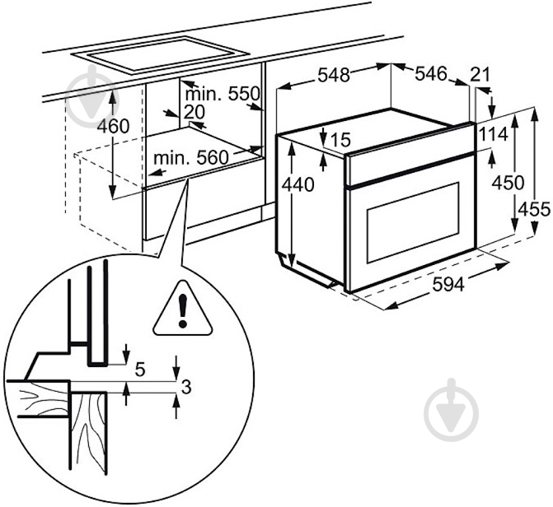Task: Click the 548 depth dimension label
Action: [333, 75]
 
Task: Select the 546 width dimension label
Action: [431, 73]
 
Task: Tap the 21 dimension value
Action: [480, 74]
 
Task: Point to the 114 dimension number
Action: [494, 134]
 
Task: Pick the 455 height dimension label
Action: [534, 210]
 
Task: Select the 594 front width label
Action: [448, 284]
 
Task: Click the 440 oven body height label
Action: [298, 184]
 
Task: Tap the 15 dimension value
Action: [340, 140]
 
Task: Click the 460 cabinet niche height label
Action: [114, 126]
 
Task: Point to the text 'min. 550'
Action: [223, 94]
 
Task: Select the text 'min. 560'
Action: [191, 157]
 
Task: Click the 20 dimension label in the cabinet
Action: [194, 113]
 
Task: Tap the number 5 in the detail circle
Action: [140, 370]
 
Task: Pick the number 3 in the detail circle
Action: [186, 387]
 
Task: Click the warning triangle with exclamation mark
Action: [183, 308]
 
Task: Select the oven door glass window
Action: [413, 223]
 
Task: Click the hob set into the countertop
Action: [161, 56]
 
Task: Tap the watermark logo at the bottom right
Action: [452, 410]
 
